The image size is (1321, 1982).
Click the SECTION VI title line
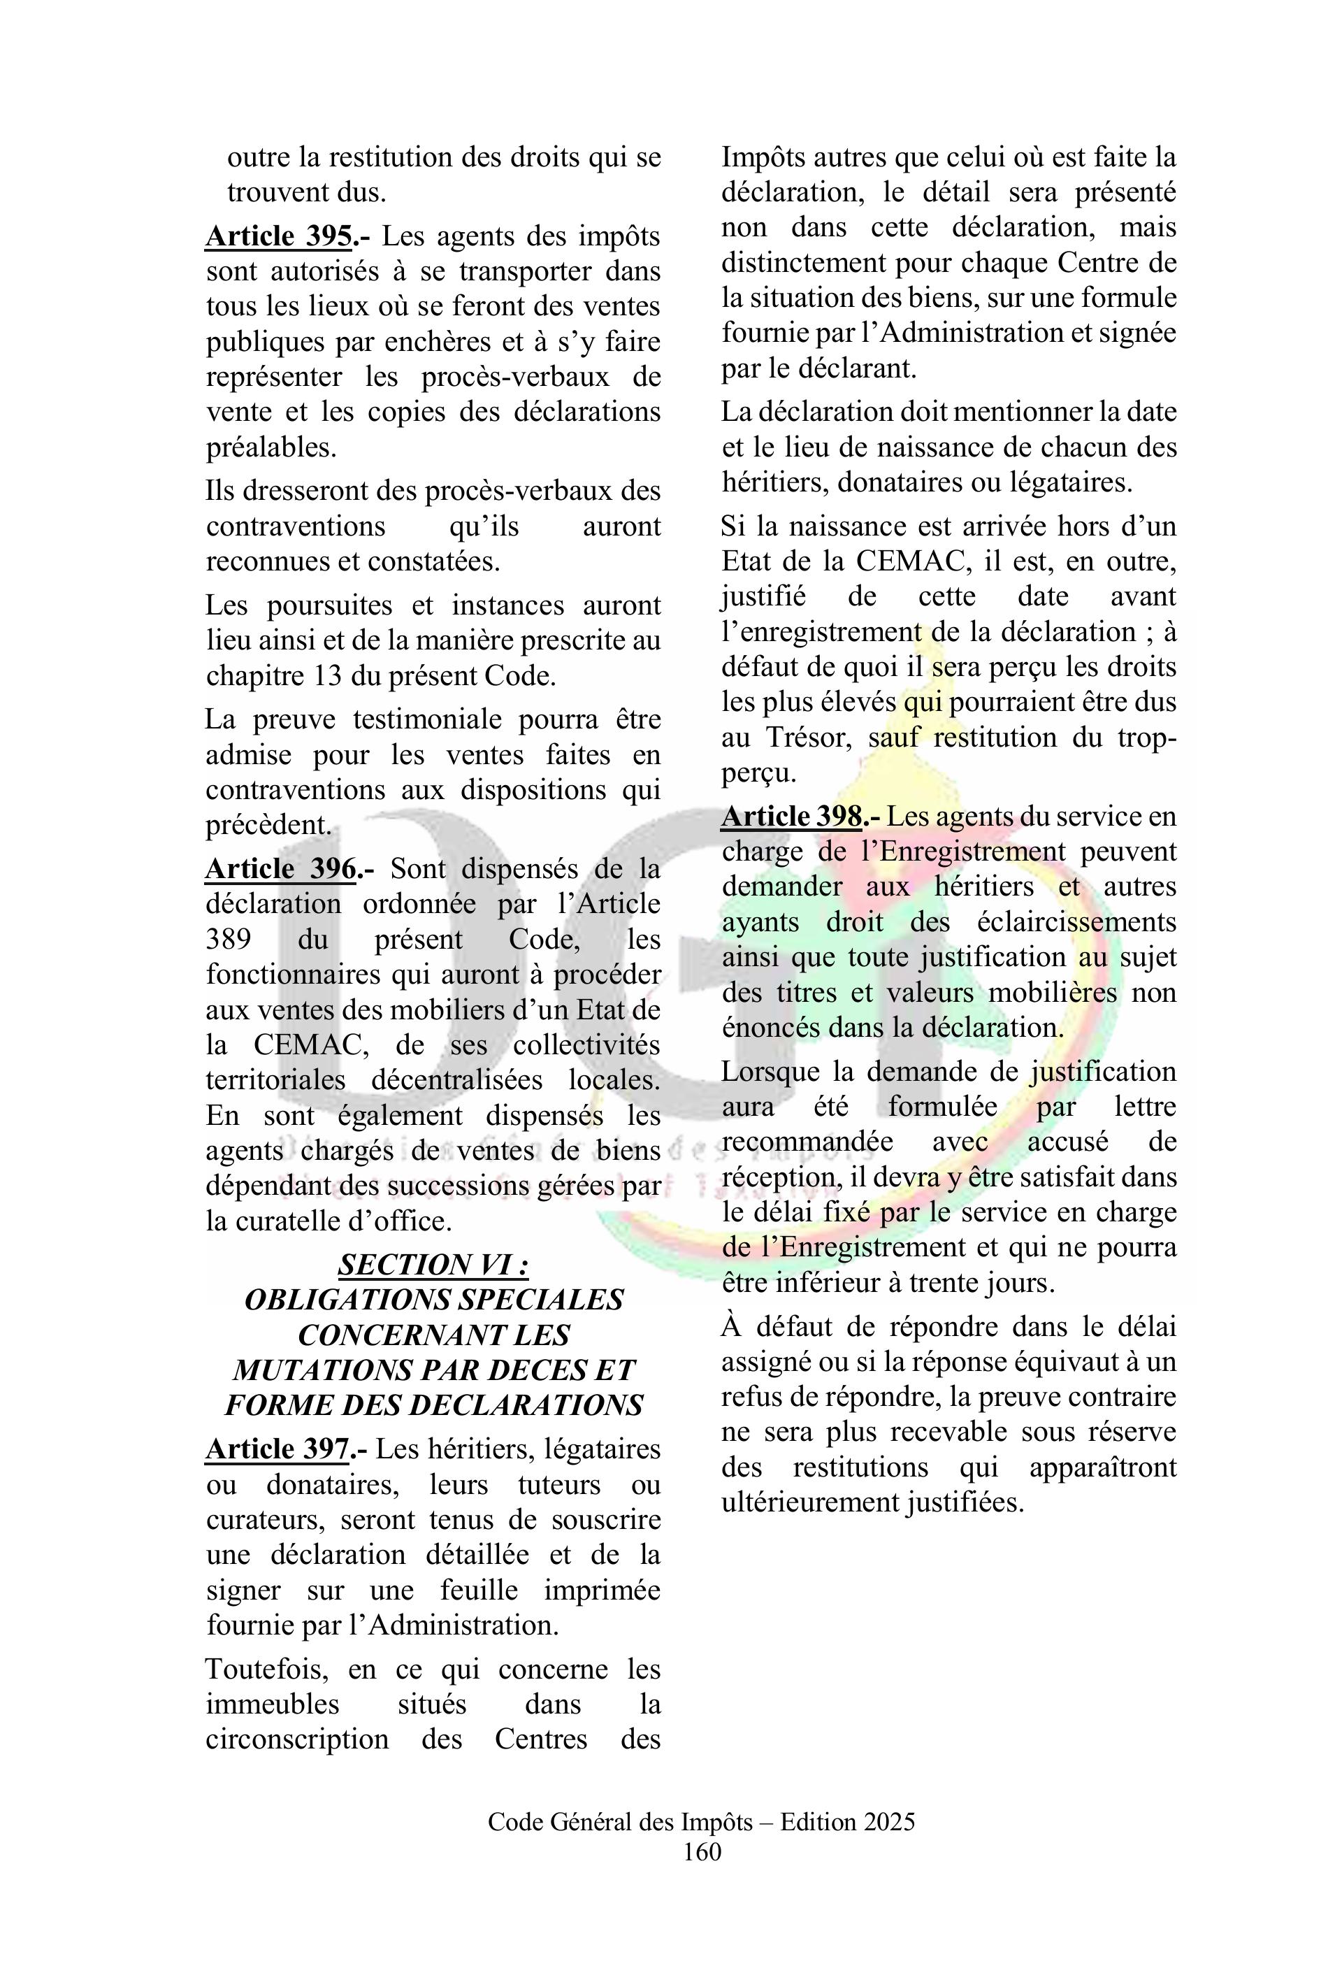(x=433, y=1264)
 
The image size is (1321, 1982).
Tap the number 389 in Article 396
(x=229, y=939)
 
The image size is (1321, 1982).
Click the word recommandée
(x=807, y=1142)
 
